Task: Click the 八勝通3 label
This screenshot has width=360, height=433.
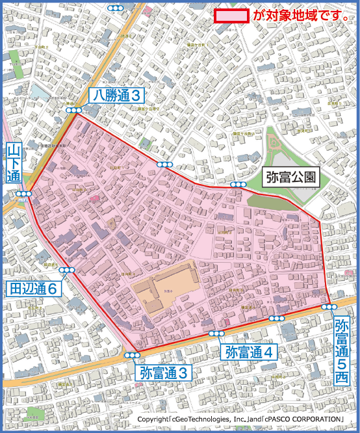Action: [117, 96]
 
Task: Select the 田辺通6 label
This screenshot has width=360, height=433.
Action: [34, 288]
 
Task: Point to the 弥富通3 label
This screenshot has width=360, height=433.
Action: [166, 373]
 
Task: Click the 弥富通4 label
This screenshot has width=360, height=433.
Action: [251, 352]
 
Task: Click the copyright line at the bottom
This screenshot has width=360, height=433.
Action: [240, 420]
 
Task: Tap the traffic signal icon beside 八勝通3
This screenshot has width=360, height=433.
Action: [73, 111]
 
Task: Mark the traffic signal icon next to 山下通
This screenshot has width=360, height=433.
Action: [24, 194]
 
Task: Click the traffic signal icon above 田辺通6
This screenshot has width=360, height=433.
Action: [67, 270]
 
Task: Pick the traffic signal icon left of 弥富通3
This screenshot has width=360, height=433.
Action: [133, 355]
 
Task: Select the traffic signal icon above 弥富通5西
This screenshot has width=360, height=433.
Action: [329, 306]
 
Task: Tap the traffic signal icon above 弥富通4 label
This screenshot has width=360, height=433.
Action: [216, 334]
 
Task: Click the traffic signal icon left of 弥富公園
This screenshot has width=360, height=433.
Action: [238, 185]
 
